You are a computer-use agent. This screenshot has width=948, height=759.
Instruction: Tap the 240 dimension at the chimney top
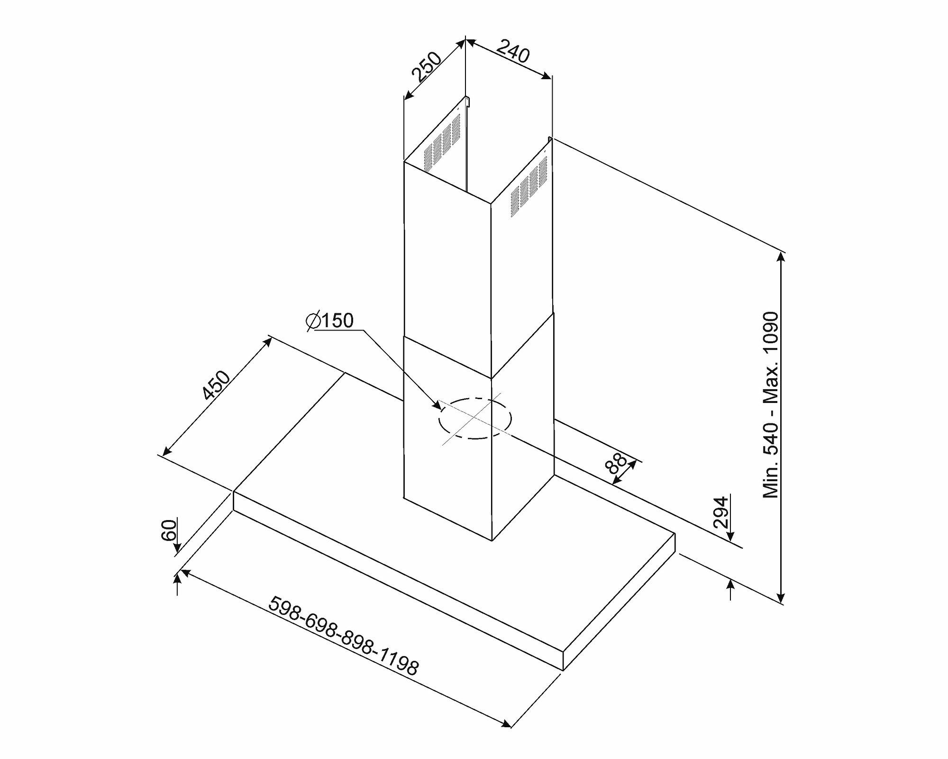(513, 53)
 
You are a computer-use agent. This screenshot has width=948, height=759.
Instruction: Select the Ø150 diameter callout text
(330, 321)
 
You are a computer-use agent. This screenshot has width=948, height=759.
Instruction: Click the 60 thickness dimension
(169, 530)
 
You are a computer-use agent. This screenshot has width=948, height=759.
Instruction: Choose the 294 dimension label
(720, 512)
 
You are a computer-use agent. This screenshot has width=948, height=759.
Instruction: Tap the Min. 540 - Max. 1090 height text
(771, 404)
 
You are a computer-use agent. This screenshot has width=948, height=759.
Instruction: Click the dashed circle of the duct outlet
(475, 419)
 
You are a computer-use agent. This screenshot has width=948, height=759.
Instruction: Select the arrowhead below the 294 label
(730, 535)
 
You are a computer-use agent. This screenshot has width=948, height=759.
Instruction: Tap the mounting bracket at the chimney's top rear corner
(467, 101)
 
